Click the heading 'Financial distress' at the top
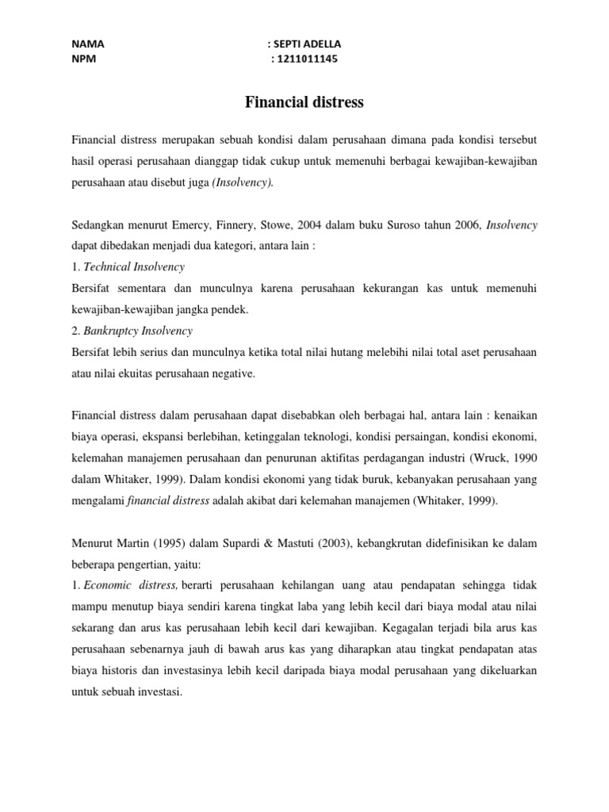[x=304, y=102]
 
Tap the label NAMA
[x=87, y=44]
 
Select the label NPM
[x=84, y=58]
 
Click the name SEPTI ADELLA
[x=308, y=44]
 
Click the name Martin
[x=142, y=543]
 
